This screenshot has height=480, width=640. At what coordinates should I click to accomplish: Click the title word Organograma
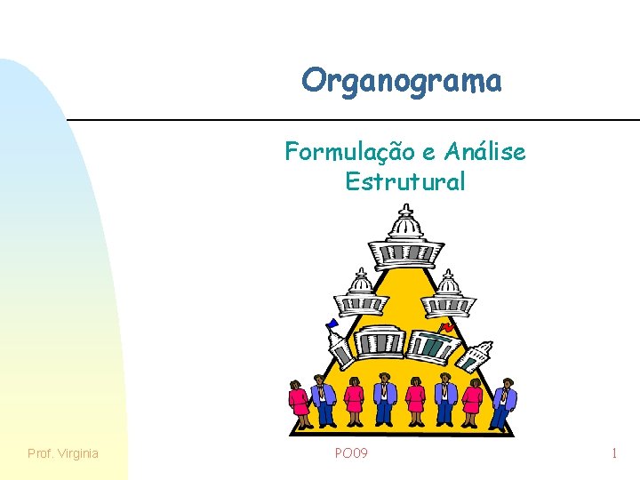(x=402, y=81)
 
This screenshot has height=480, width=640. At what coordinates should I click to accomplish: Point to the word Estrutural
(x=404, y=182)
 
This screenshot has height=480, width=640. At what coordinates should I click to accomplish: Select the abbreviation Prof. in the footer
(x=40, y=453)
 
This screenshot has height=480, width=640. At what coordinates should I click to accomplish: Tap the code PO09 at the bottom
(x=351, y=453)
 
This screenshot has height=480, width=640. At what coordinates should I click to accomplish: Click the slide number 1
(x=614, y=453)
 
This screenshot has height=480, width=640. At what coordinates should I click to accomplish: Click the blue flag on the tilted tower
(x=332, y=324)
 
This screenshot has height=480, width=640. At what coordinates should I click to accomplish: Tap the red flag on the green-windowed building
(x=449, y=327)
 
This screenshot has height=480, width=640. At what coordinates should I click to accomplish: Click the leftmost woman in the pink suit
(x=298, y=402)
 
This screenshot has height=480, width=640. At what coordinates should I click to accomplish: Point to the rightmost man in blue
(x=504, y=402)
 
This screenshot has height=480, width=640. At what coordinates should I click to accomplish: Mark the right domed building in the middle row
(x=448, y=294)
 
